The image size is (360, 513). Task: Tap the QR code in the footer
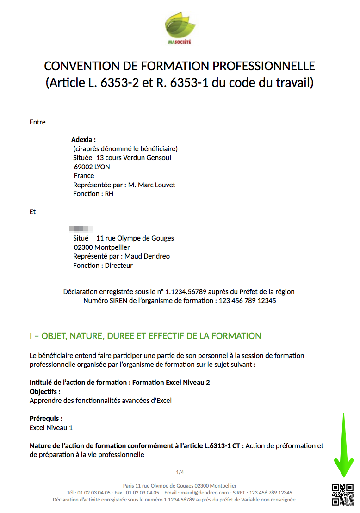[342, 494]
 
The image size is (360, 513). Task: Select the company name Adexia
[82, 140]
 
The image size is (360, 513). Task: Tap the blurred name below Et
[81, 229]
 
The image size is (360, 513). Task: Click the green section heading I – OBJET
[145, 336]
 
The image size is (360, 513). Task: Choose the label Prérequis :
[46, 419]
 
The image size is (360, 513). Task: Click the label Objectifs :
[45, 392]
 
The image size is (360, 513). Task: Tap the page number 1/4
[180, 472]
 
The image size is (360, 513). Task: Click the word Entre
[37, 122]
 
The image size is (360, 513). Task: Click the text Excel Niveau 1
[51, 428]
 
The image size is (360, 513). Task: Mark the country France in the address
[84, 176]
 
